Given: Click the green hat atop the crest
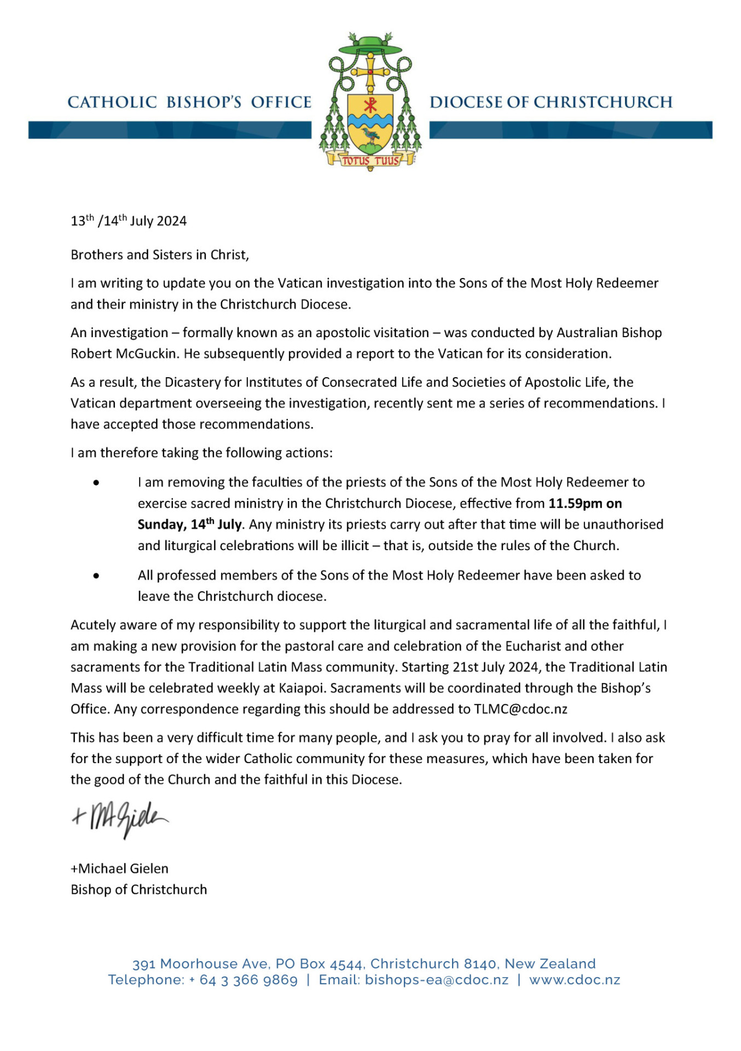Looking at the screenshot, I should pos(370,46).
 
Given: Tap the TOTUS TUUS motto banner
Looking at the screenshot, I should pos(370,160).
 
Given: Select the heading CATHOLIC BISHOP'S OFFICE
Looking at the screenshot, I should pos(189,102).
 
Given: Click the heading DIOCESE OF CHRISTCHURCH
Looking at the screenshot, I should pos(551,102).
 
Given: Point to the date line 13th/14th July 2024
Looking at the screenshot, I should pos(129,221).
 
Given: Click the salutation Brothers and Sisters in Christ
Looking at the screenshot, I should pos(160,255).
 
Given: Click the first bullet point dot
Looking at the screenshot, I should pos(96,483).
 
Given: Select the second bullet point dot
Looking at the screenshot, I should pos(96,576).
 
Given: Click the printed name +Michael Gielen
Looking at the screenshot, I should pos(119,869).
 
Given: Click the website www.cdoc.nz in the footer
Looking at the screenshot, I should pos(575,980).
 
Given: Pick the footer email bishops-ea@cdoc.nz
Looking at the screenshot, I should pos(437,980).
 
